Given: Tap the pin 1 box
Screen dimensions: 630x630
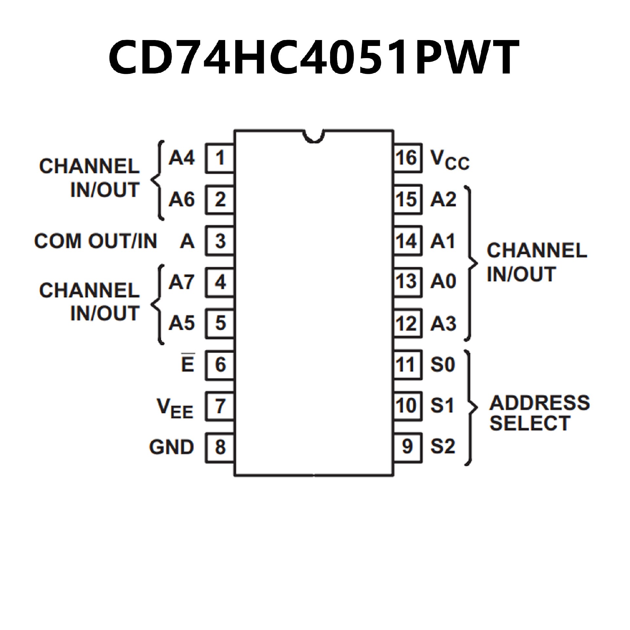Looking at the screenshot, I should click(x=220, y=158).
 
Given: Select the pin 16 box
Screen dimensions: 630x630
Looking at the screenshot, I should click(x=408, y=158).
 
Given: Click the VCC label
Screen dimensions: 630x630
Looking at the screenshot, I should click(x=450, y=160).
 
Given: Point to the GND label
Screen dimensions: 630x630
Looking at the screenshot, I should click(x=171, y=447).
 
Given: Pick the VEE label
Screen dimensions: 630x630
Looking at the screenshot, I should click(x=175, y=408).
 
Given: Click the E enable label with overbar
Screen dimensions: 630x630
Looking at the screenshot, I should click(x=188, y=364).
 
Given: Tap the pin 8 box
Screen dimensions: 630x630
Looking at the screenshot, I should click(x=220, y=447).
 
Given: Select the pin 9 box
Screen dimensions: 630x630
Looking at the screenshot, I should click(x=408, y=447).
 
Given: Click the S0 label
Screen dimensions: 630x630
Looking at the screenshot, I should click(x=443, y=365).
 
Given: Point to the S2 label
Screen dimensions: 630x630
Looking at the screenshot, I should click(x=443, y=447).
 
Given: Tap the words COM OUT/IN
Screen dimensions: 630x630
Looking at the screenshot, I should click(x=95, y=241).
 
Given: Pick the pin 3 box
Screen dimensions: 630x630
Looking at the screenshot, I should click(x=220, y=241).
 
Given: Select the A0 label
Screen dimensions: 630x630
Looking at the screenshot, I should click(x=443, y=282).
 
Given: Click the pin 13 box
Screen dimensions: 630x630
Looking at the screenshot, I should click(x=408, y=282).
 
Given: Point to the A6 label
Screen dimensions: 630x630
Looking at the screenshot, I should click(x=181, y=199).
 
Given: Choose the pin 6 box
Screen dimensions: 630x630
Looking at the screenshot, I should click(x=220, y=365).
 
